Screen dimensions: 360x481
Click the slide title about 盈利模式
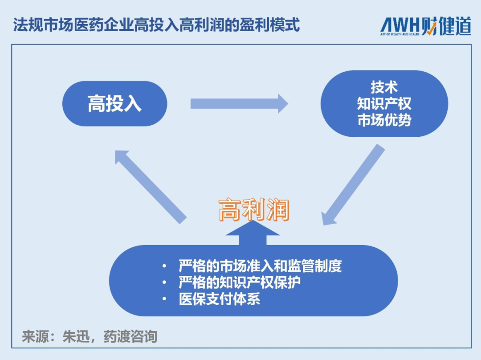tap(156, 25)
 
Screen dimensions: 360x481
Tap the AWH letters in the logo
tap(400, 25)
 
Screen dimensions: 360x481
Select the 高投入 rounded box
tap(114, 104)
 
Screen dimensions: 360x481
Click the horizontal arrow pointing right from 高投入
tap(239, 103)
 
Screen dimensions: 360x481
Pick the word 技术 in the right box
tap(384, 87)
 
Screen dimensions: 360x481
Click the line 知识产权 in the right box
tap(384, 103)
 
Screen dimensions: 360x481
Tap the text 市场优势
tap(384, 120)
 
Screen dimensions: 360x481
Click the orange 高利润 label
tap(254, 210)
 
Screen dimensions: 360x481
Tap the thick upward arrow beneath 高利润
tap(253, 235)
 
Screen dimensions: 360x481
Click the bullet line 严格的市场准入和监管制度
tap(260, 266)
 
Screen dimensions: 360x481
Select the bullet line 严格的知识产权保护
tap(240, 282)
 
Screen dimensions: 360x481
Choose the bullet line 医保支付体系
tap(219, 299)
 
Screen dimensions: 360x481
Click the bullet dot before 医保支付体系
tap(164, 299)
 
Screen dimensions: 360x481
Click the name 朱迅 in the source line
tap(76, 336)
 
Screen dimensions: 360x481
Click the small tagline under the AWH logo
tap(400, 34)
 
